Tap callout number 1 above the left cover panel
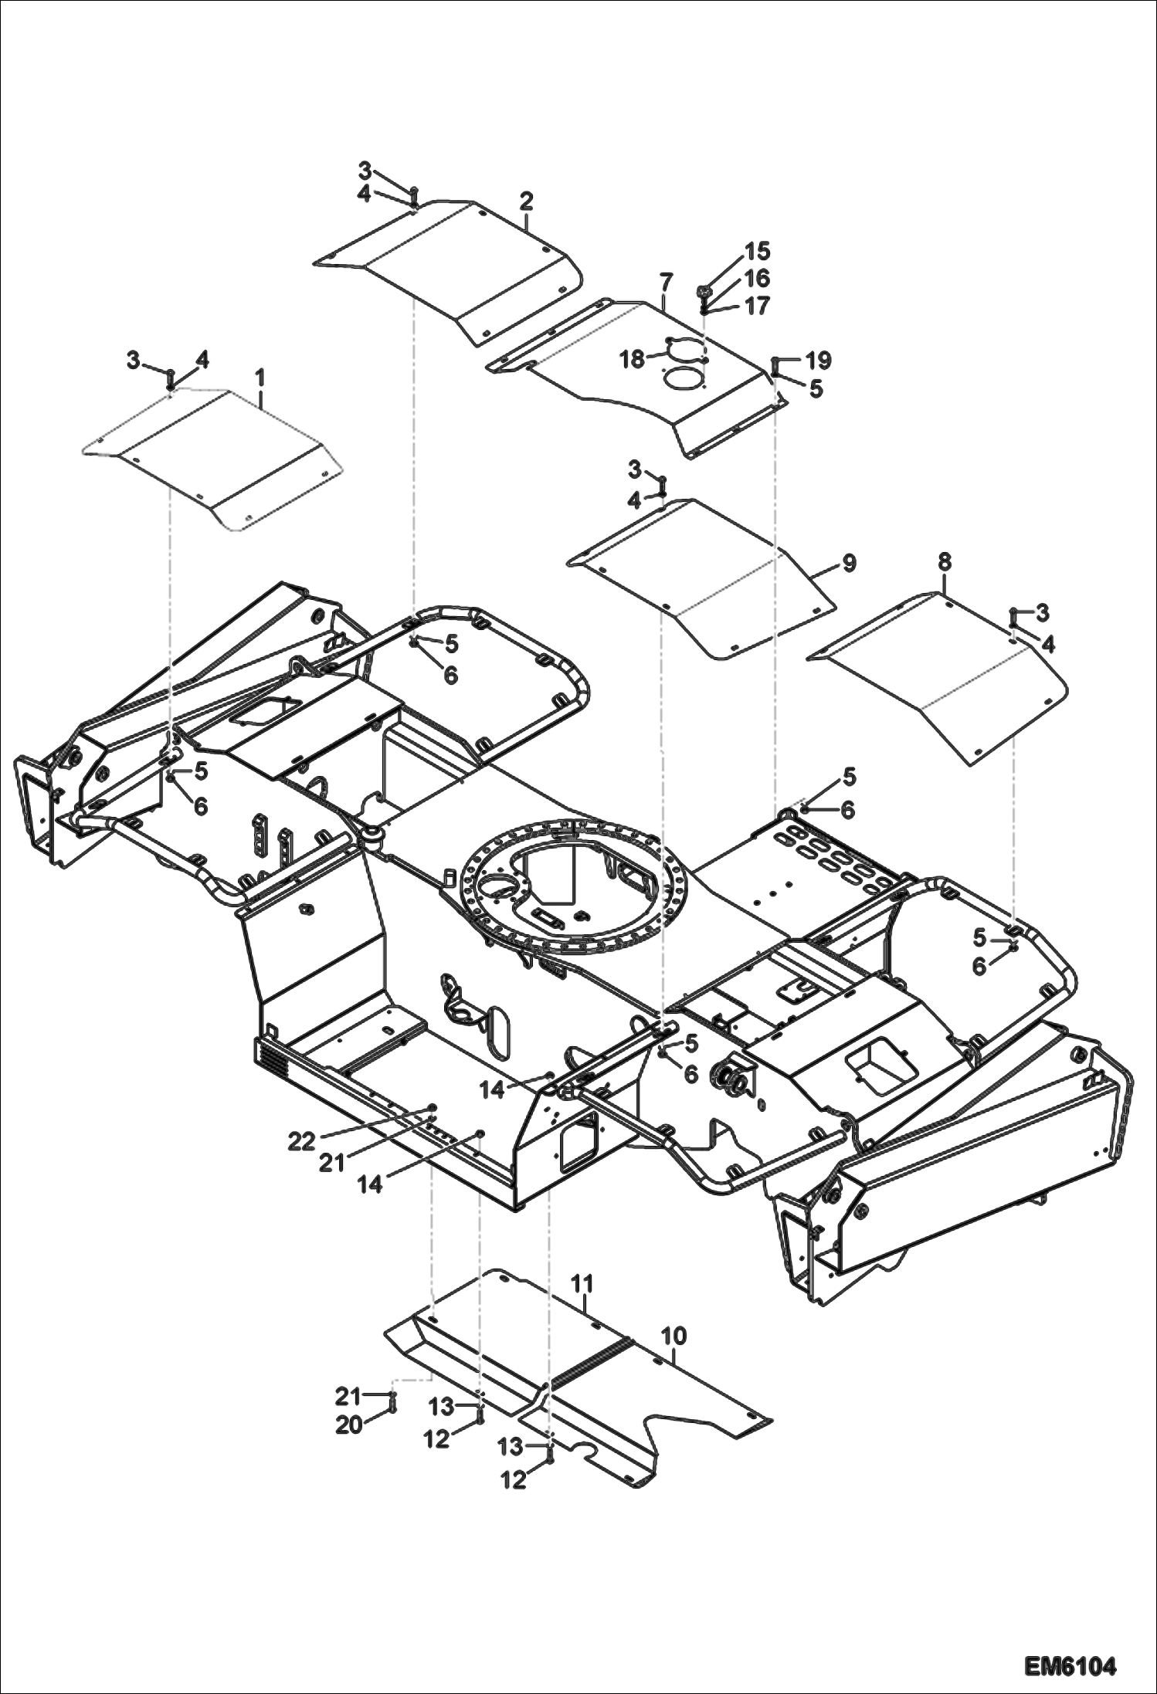pos(260,378)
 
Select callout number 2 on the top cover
pos(526,202)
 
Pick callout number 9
pos(849,563)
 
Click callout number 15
pos(757,251)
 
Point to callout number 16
pos(757,278)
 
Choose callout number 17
pos(757,306)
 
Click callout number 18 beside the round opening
pos(633,359)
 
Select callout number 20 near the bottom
pos(348,1425)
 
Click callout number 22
pos(302,1141)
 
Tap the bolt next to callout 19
pos(775,363)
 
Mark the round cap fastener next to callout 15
pos(704,292)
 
